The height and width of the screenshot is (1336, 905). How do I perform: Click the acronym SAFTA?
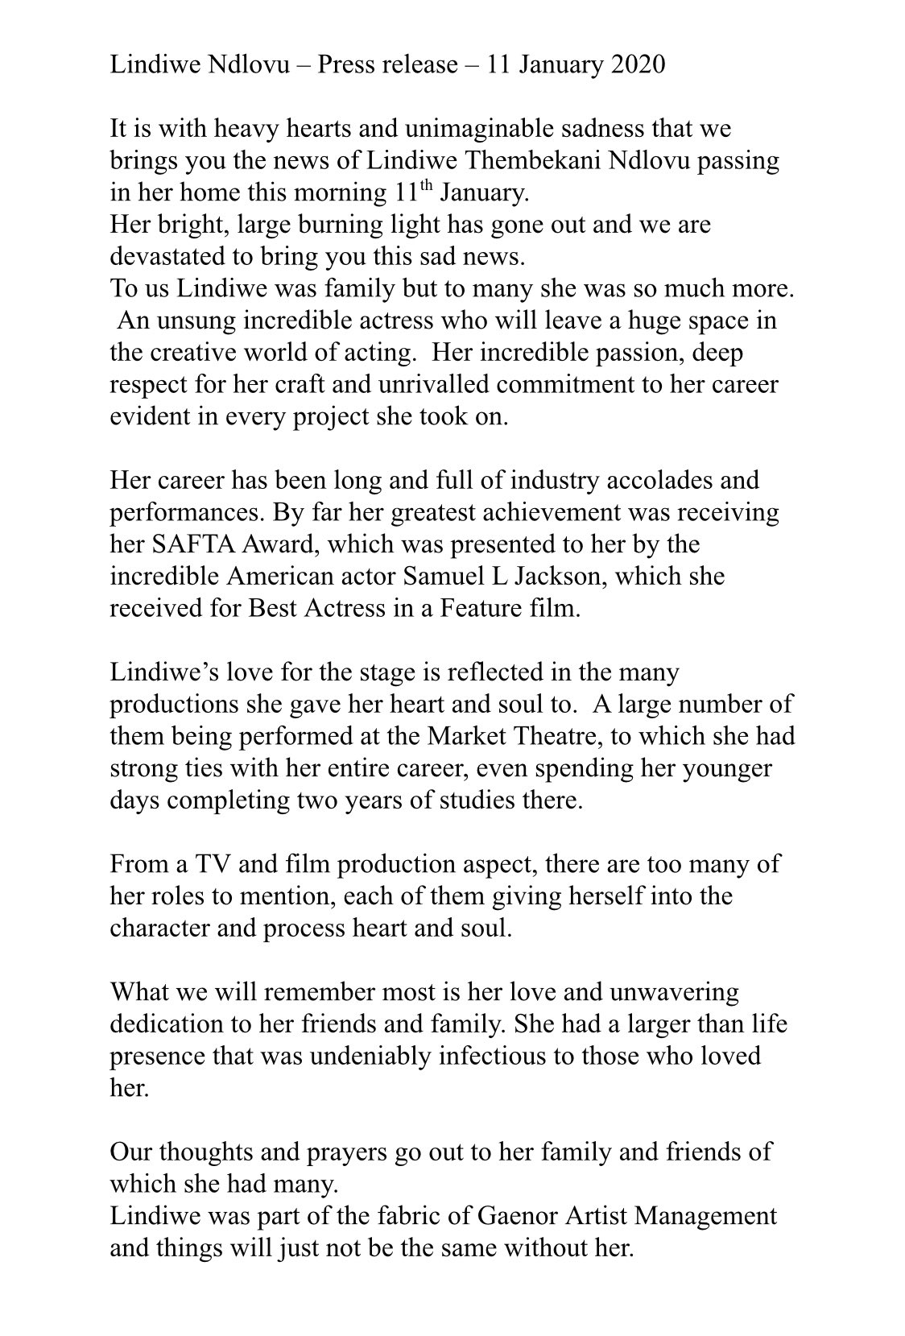(194, 544)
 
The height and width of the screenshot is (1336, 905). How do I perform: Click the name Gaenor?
(519, 1216)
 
